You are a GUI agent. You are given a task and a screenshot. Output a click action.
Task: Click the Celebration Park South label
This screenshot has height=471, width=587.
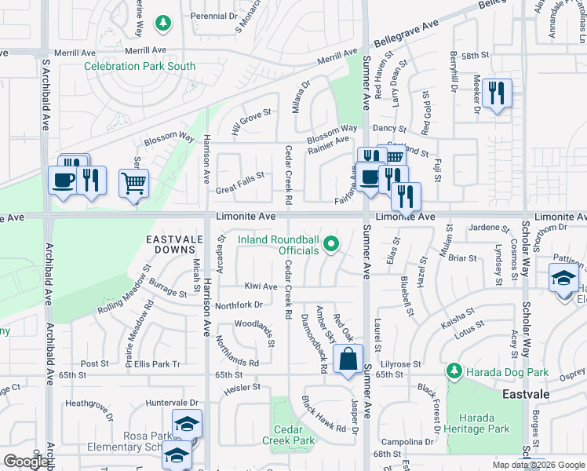coord(140,67)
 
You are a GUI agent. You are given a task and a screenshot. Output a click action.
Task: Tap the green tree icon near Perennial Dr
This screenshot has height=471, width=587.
coord(163,24)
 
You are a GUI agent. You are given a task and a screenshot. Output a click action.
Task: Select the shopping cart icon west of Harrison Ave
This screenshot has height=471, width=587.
coord(133,184)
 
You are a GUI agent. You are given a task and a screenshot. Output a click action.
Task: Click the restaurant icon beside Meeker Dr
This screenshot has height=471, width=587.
coord(496,93)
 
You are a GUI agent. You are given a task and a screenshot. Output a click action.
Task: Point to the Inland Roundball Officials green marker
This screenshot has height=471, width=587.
coord(331,245)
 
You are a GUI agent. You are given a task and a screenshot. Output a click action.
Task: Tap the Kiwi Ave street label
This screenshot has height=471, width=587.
coord(261,287)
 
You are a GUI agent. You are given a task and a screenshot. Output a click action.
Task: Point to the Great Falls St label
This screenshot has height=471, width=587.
coord(239,184)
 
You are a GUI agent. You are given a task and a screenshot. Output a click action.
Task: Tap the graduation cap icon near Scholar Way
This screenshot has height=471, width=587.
coord(563,279)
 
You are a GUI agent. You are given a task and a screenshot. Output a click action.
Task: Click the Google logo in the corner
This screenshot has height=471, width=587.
coord(25,462)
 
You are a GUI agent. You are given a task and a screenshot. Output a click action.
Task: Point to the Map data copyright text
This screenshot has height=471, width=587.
coord(538,465)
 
